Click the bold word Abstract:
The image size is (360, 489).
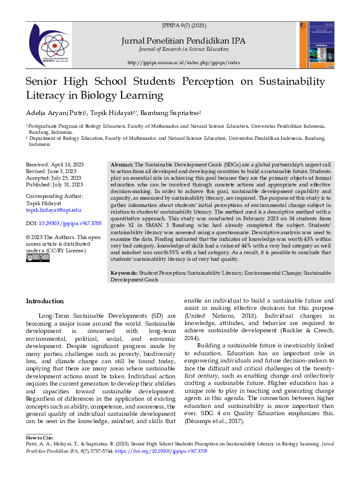[x=122, y=165]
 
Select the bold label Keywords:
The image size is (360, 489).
[x=123, y=274]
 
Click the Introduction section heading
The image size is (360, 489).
[x=45, y=301]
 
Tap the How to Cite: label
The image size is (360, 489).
[x=40, y=454]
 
